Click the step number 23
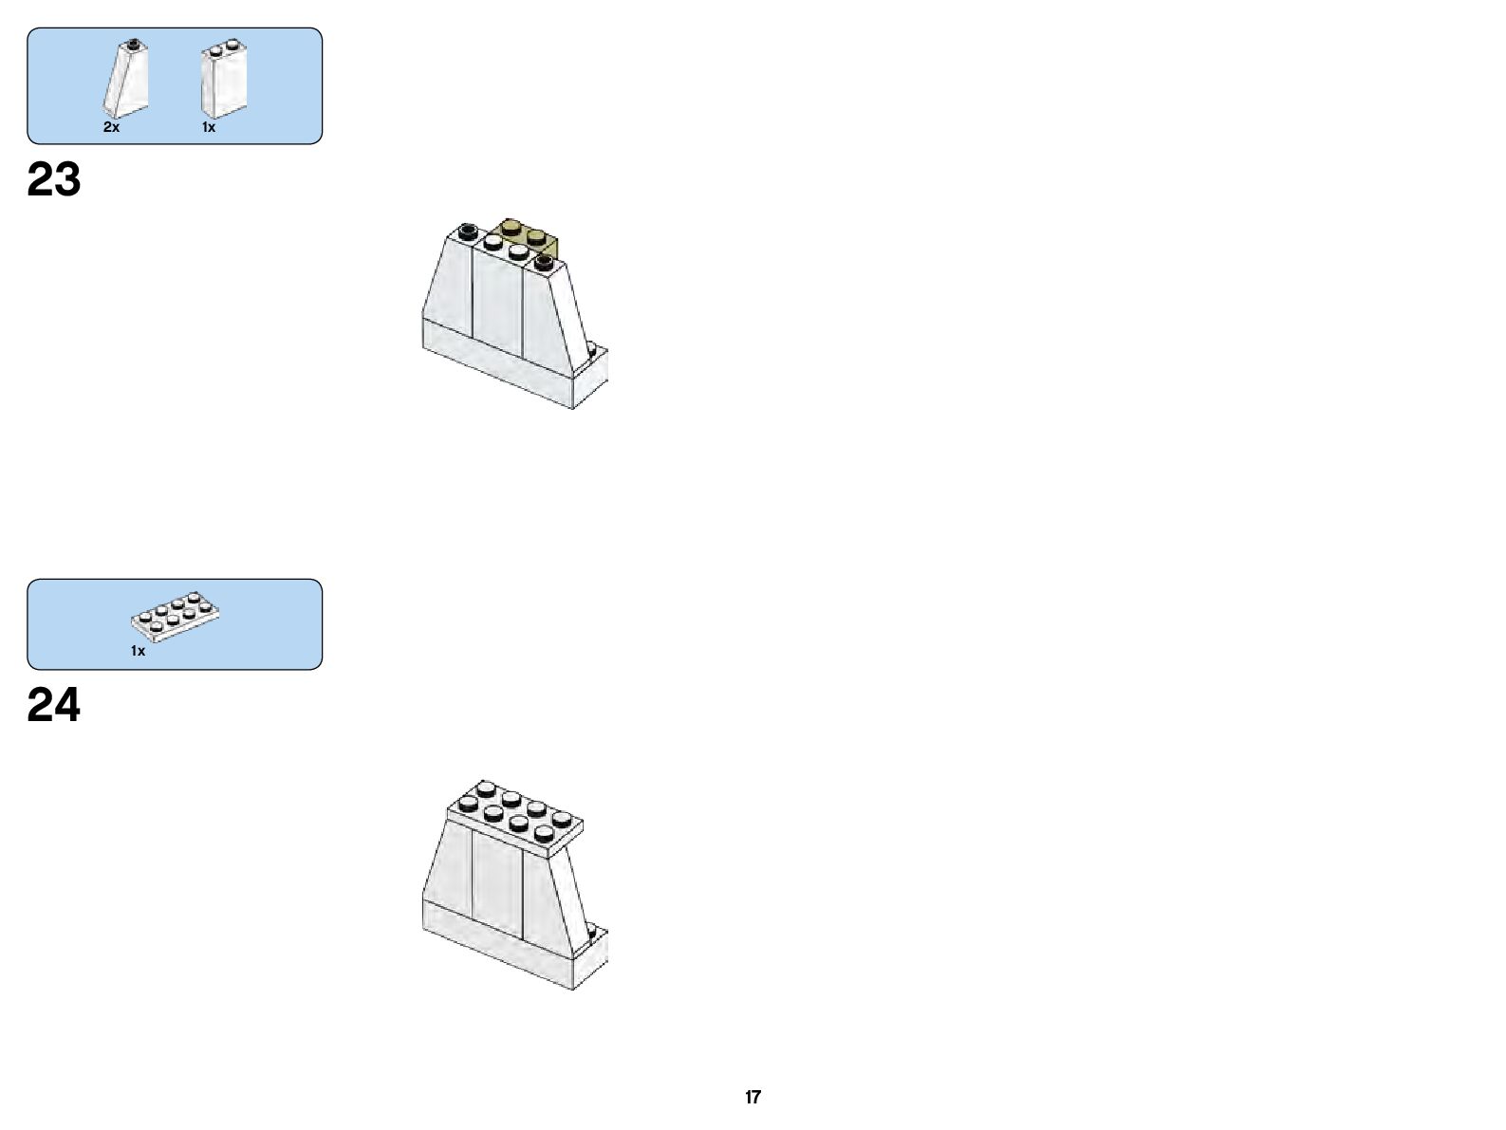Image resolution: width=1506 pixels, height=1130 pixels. coord(54,179)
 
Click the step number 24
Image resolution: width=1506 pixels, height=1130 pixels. coord(54,705)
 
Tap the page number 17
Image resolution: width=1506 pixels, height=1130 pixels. coord(753,1097)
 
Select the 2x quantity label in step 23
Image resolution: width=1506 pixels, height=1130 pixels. coord(112,127)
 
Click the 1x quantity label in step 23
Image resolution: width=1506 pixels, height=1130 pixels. coord(209,127)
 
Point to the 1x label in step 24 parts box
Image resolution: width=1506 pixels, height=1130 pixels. coord(139,651)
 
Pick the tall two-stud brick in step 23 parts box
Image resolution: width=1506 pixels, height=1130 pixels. coord(223,82)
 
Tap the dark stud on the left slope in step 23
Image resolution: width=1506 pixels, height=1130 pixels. coord(467,230)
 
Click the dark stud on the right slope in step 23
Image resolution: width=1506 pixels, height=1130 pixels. coord(544,261)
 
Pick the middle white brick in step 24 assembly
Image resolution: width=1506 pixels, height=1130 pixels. coord(498,882)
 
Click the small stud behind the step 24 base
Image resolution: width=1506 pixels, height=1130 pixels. coord(594,932)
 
